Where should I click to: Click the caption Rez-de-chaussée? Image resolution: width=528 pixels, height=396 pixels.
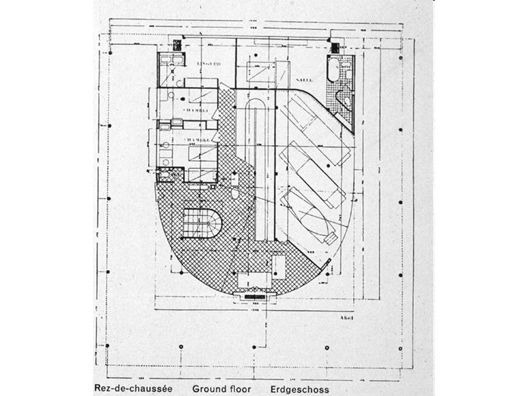(134, 389)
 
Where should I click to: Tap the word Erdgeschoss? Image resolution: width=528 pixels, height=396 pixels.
(300, 389)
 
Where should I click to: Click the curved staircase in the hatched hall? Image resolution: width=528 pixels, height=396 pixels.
(203, 224)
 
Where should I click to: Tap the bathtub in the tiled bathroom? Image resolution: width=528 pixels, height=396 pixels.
(333, 70)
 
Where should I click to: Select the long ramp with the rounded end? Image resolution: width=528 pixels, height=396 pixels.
(255, 165)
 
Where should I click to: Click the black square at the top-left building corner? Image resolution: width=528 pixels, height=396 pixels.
(177, 45)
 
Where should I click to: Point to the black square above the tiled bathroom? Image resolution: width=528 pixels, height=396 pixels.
(335, 47)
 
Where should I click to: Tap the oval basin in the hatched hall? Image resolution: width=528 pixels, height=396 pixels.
(234, 195)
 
